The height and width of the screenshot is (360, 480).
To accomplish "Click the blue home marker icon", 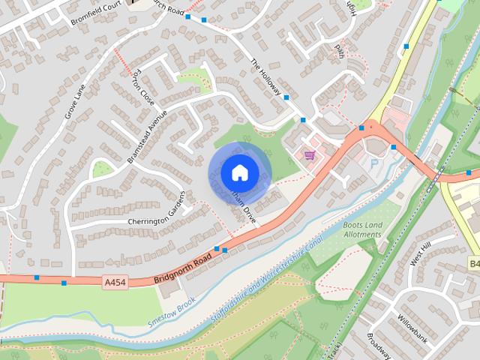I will (239, 172).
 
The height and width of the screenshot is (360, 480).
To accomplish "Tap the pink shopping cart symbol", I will (309, 155).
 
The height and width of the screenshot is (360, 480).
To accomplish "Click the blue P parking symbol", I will (373, 163).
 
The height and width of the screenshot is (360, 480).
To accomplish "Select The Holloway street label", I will (265, 77).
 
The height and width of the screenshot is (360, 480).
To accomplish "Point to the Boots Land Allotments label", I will (362, 229).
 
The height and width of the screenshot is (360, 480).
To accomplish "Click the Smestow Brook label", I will (170, 310).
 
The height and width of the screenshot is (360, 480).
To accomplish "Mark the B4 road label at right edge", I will (474, 264).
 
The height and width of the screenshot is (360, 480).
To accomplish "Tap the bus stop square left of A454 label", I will (64, 283).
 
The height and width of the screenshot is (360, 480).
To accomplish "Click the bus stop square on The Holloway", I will (286, 97).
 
